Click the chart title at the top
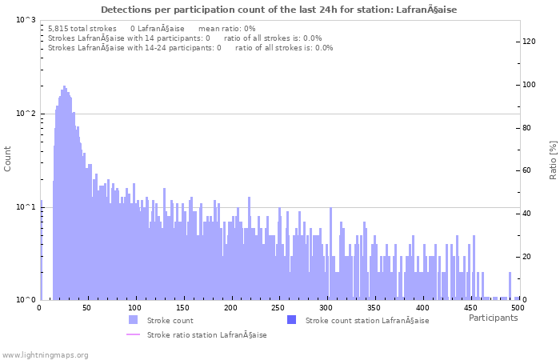279,10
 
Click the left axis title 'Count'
8,159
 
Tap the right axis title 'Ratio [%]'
553,159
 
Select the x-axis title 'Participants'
493,318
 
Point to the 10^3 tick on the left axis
26,20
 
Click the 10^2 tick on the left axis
26,114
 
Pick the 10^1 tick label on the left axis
26,207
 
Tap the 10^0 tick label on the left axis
26,300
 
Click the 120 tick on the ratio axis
529,42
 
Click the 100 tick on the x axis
135,307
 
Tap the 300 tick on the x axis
326,307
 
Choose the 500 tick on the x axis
518,307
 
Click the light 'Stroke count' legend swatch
133,320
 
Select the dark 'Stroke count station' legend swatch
290,320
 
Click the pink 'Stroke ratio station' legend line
133,335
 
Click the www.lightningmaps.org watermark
45,354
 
